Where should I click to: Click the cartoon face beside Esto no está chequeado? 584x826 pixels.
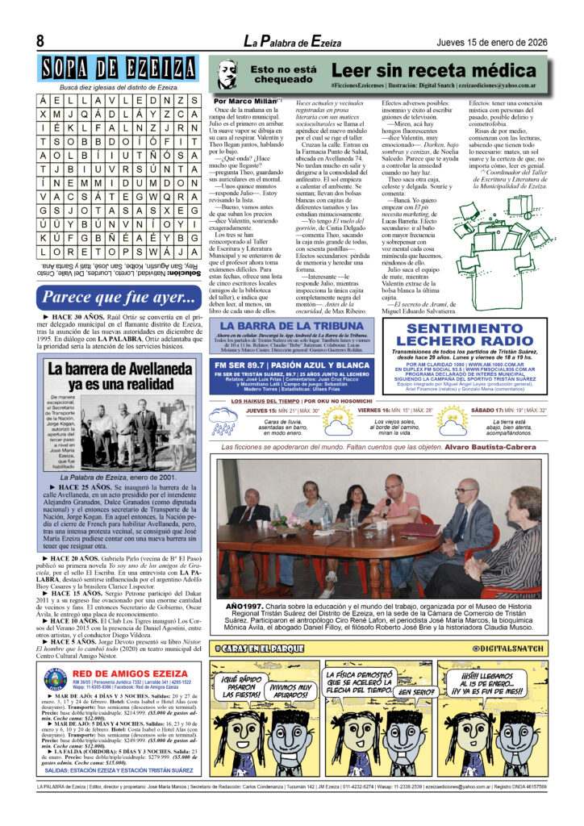228,75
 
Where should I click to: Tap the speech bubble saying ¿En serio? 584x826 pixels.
416,691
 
